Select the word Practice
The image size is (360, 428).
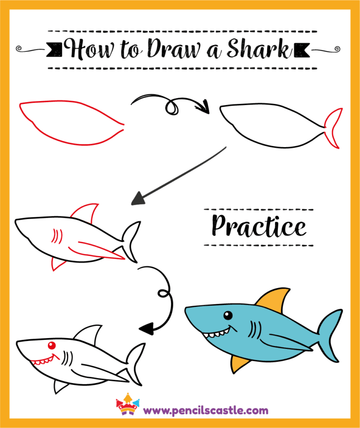pos(259,227)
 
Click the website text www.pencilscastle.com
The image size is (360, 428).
pos(206,411)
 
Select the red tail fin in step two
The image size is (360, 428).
pos(335,128)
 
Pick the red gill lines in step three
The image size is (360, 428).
pos(57,235)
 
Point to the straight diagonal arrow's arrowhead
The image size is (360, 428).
pos(138,199)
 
